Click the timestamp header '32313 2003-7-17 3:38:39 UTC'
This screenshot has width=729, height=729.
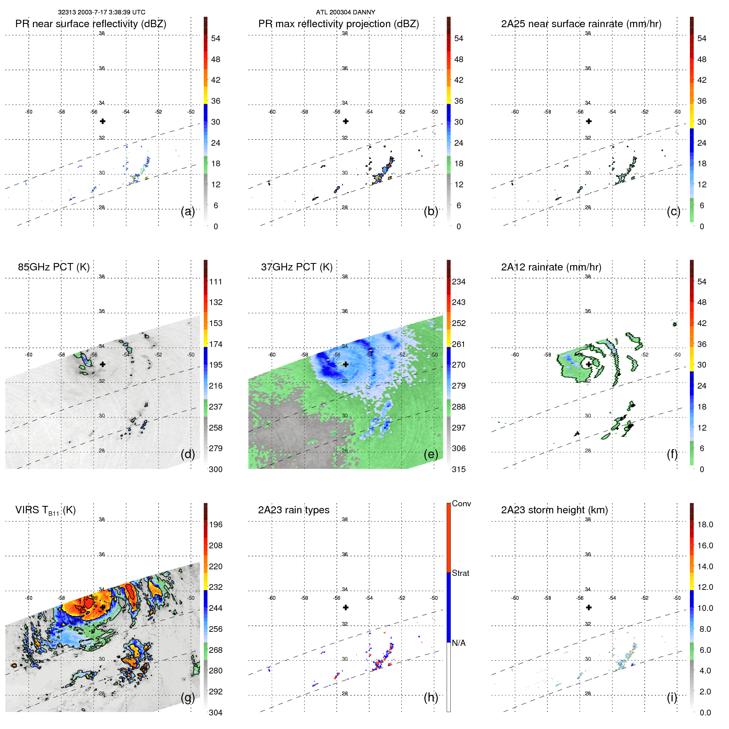[101, 12]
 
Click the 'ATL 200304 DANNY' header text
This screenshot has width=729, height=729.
[345, 12]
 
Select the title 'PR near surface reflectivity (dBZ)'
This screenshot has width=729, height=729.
[91, 24]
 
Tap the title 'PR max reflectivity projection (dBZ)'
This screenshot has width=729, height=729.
[338, 24]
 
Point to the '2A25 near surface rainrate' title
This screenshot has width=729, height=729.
[581, 24]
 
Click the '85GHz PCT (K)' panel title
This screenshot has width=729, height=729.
[54, 267]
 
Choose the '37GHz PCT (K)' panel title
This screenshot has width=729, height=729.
[296, 267]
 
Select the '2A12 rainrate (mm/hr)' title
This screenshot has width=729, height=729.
[551, 267]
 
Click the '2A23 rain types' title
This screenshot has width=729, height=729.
[293, 510]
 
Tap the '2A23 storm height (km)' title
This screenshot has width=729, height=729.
[554, 510]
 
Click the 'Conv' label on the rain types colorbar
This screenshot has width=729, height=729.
[461, 503]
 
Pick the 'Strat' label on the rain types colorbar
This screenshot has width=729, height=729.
[460, 573]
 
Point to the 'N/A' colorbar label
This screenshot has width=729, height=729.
[459, 643]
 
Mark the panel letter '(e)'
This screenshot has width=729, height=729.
[431, 454]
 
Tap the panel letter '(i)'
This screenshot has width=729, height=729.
[672, 697]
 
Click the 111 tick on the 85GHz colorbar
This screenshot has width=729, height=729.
[216, 282]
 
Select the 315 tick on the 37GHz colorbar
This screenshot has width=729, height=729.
[459, 469]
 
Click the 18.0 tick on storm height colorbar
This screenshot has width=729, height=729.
[705, 524]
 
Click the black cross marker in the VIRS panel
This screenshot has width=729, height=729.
[102, 607]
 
